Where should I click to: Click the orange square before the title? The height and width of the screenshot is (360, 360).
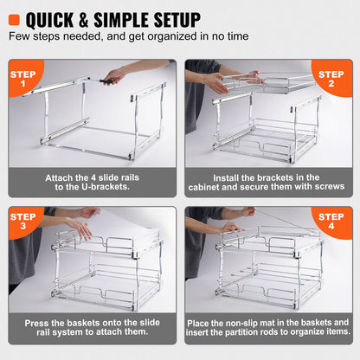pyautogui.click(x=15, y=18)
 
